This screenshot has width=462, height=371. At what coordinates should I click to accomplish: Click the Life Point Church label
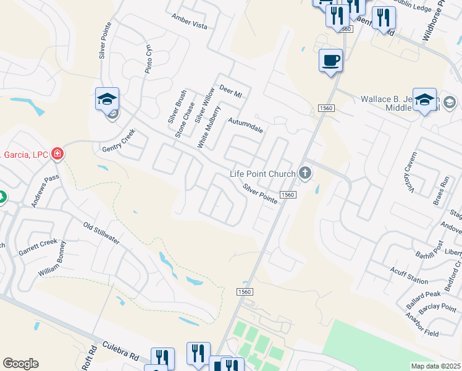262,174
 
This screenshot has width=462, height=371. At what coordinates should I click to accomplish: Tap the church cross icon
304,173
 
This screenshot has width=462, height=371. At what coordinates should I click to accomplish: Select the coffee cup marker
331,61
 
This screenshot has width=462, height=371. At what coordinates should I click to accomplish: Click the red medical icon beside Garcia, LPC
57,153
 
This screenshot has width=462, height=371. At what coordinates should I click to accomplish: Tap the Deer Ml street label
230,92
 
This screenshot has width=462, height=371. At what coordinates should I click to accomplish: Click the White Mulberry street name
208,127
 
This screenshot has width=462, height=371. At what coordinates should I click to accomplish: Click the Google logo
20,364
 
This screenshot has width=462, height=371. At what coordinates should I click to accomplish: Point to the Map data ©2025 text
435,366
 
